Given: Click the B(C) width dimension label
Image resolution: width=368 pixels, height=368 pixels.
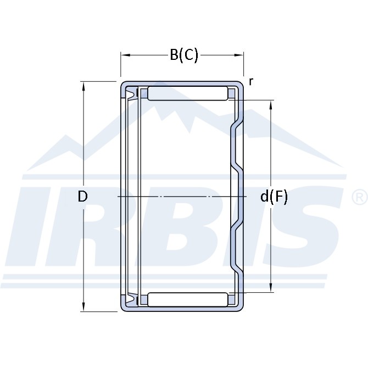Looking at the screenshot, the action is pos(184,55).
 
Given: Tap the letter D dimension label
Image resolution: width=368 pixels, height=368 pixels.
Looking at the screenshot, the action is pos(82,196).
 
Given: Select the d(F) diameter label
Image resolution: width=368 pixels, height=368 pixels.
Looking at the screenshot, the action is pos(274,197).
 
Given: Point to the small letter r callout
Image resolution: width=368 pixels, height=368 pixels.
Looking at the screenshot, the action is pos(251,82).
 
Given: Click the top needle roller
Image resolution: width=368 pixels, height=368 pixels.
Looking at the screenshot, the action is pos(187,93).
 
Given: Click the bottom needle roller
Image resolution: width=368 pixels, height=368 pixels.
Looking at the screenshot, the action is pos(187,299).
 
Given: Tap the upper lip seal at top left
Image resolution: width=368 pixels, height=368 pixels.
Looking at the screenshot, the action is pos(131,94).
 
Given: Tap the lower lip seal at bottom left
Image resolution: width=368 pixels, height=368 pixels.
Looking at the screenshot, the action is pos(131,299).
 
